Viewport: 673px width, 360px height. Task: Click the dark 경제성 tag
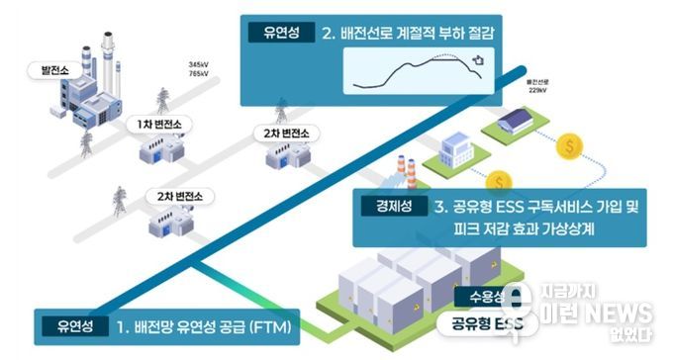393,207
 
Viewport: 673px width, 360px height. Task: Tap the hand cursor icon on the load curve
478,62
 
